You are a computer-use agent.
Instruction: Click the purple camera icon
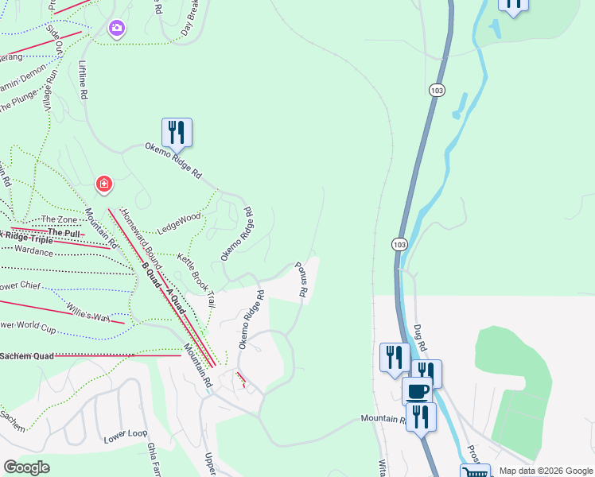[x=117, y=29]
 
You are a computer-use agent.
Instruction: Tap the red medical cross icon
[x=103, y=185]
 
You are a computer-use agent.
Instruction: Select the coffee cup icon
[x=418, y=391]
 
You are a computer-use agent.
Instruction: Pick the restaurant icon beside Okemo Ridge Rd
[x=177, y=132]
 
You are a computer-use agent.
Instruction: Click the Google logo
[x=26, y=467]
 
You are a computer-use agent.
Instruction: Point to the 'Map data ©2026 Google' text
[x=544, y=471]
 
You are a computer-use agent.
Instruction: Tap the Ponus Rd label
[x=301, y=280]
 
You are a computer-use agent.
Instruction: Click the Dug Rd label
[x=420, y=337]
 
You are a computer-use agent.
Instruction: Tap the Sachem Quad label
[x=27, y=355]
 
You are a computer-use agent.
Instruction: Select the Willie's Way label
[x=87, y=312]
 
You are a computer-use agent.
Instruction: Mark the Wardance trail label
[x=34, y=251]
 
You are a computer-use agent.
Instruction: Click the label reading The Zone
[x=60, y=219]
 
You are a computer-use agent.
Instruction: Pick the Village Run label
[x=51, y=89]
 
